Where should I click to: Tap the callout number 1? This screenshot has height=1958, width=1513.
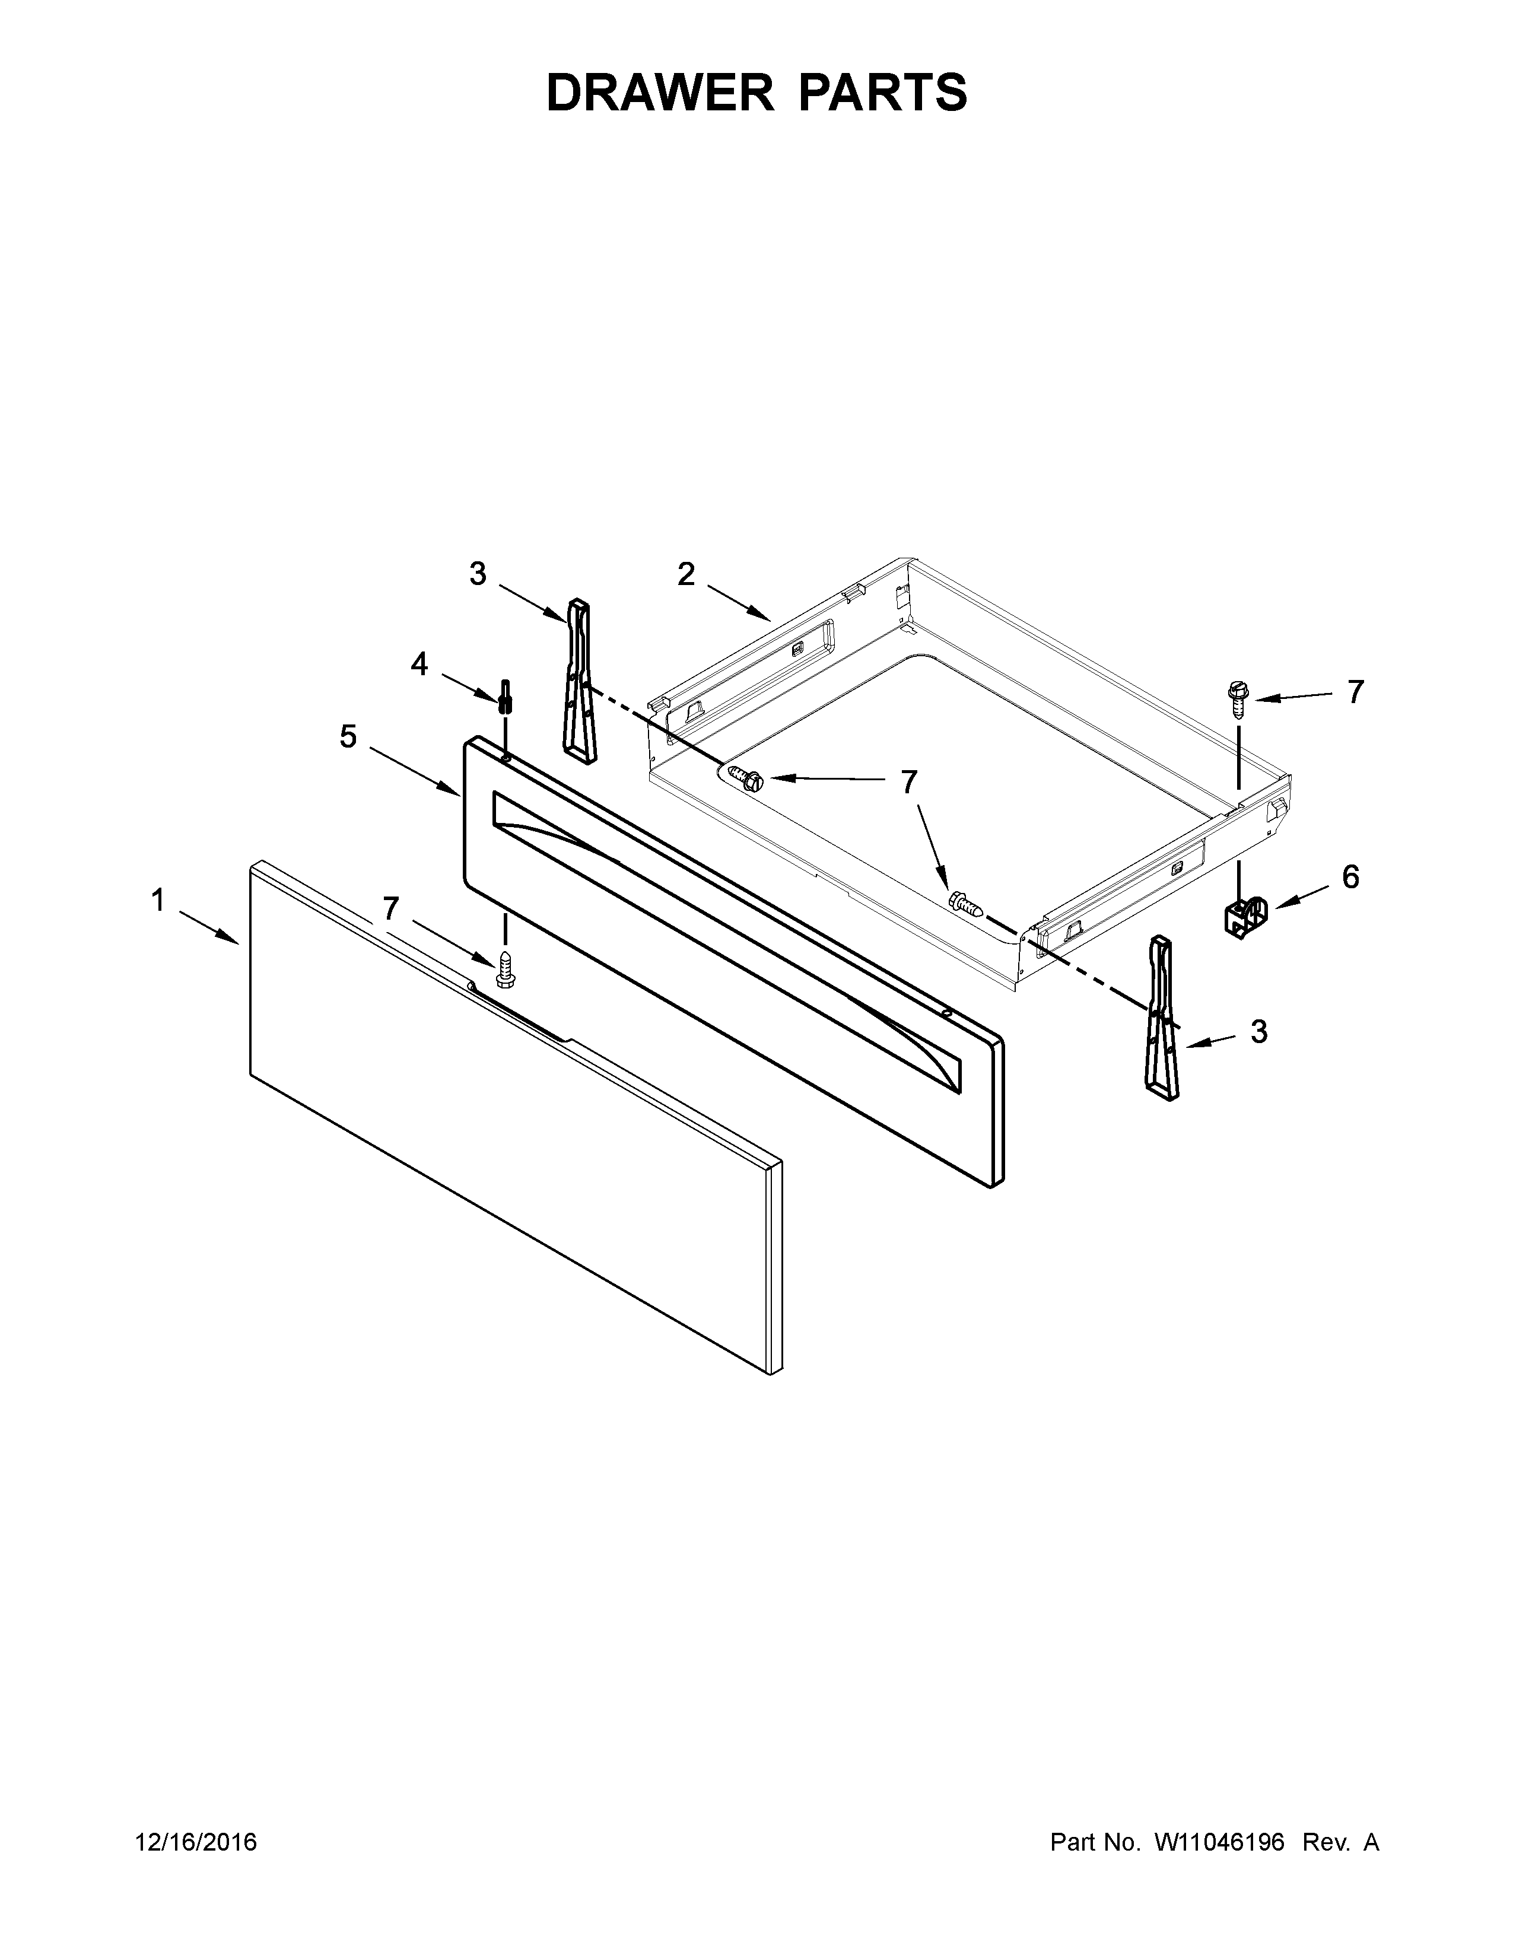coord(158,900)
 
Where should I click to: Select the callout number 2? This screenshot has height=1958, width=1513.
coord(686,575)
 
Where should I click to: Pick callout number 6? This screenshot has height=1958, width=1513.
coord(1350,877)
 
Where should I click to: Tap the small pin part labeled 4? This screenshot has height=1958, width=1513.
coord(506,695)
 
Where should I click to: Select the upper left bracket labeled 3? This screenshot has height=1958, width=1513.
coord(580,681)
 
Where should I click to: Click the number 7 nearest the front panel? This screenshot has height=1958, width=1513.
coord(390,909)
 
